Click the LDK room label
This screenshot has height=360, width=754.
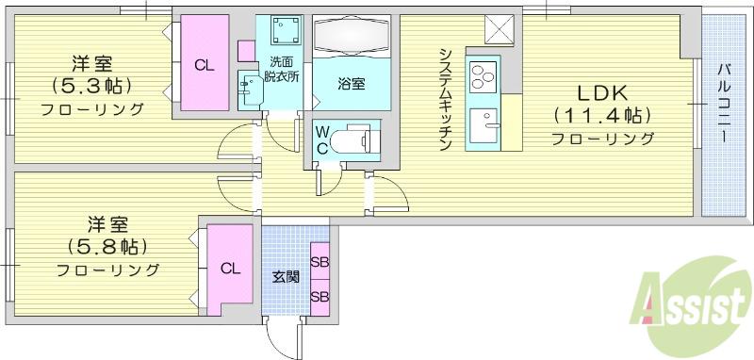pyautogui.click(x=602, y=93)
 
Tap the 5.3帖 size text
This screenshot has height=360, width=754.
pyautogui.click(x=91, y=87)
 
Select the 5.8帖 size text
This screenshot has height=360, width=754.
pyautogui.click(x=107, y=247)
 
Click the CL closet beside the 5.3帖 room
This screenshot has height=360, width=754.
pyautogui.click(x=205, y=63)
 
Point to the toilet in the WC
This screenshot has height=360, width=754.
pyautogui.click(x=352, y=139)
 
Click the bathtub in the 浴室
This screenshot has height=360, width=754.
pyautogui.click(x=352, y=36)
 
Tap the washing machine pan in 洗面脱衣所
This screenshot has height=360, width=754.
pyautogui.click(x=286, y=30)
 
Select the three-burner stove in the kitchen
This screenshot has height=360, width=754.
pyautogui.click(x=484, y=77)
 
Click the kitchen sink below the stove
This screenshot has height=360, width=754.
pyautogui.click(x=484, y=125)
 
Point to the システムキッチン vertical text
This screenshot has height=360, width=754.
pyautogui.click(x=446, y=100)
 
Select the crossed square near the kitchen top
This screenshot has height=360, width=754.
pyautogui.click(x=500, y=29)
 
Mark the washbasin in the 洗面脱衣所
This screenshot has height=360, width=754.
pyautogui.click(x=251, y=90)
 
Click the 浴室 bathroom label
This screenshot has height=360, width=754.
pyautogui.click(x=351, y=85)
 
